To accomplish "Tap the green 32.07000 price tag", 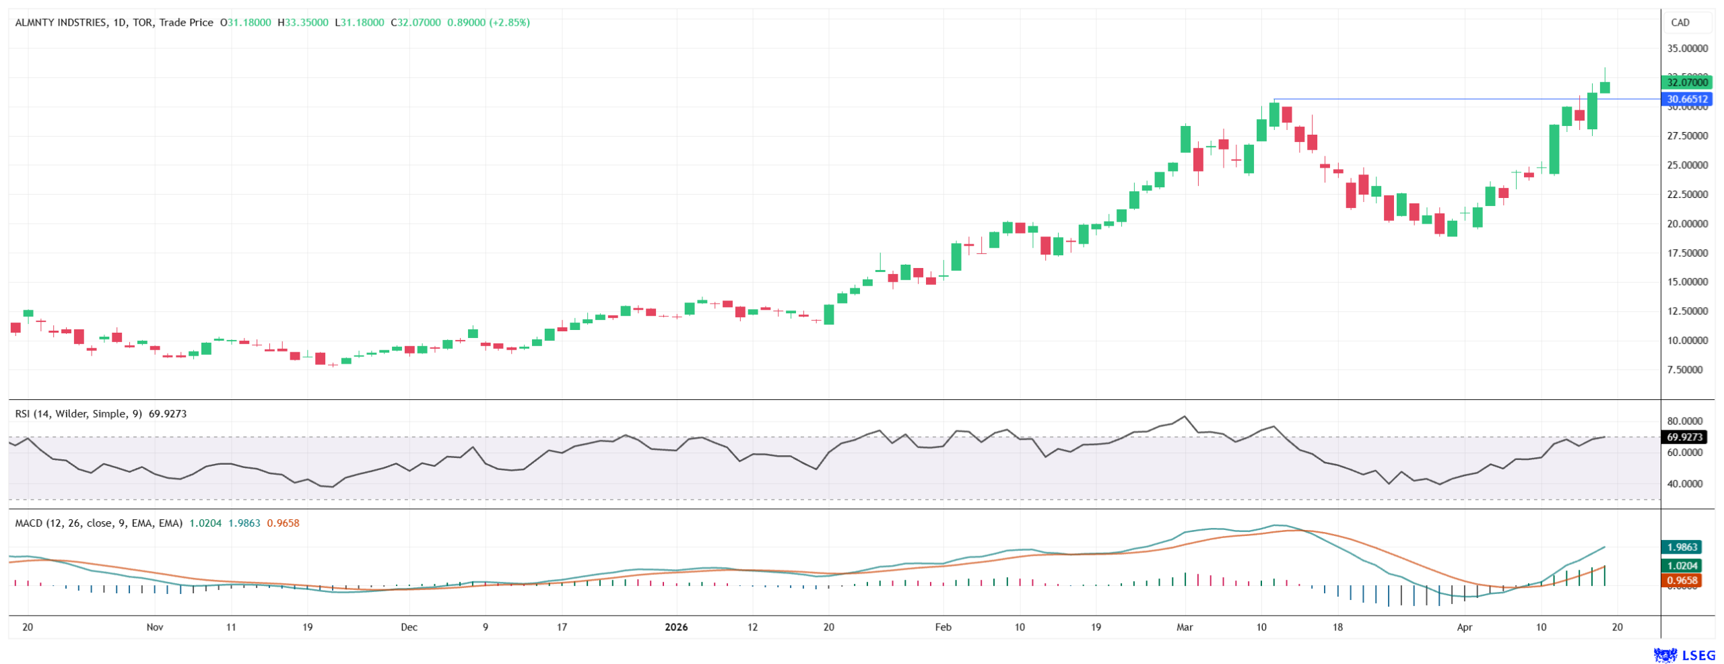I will click(x=1687, y=82).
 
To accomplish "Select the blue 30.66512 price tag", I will click(x=1687, y=99).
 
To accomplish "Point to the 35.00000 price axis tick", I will click(x=1687, y=48).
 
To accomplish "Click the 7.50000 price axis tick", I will click(x=1687, y=370).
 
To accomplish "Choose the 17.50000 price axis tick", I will click(x=1687, y=253).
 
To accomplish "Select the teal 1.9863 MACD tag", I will click(x=1682, y=547).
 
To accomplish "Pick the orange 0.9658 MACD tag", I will click(x=1682, y=580).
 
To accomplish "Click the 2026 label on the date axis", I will click(x=675, y=627).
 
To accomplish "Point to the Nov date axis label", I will click(x=155, y=627).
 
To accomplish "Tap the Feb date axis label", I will click(x=943, y=627).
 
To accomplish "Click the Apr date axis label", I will click(x=1464, y=627).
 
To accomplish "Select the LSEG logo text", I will click(x=1698, y=655).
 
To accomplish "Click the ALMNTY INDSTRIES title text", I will click(x=61, y=22).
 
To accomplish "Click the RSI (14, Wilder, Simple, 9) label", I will click(x=78, y=413).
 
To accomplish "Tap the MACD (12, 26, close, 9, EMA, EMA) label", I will click(x=98, y=523).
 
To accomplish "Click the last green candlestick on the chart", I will click(x=1605, y=88).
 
